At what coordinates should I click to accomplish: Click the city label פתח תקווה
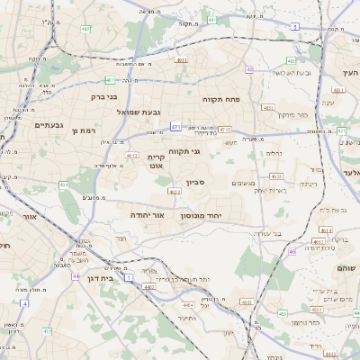[x=220, y=99]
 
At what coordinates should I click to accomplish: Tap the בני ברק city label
[x=104, y=96]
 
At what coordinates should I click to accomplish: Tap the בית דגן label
[x=104, y=280]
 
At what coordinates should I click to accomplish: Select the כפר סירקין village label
[x=292, y=115]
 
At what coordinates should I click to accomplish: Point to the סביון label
[x=195, y=183]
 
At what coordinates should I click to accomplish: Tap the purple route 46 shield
[x=292, y=252]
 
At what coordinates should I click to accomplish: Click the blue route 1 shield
[x=129, y=280]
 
